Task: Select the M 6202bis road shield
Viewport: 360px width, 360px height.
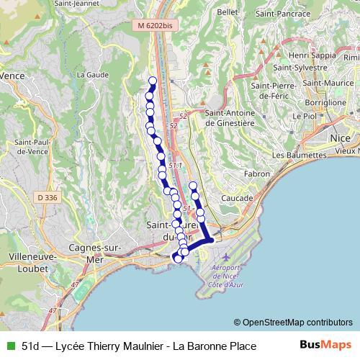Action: click(x=156, y=25)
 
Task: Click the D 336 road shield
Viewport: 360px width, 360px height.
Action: click(x=47, y=197)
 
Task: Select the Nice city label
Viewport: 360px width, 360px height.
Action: click(x=339, y=137)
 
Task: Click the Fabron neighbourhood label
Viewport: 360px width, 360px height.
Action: click(x=256, y=174)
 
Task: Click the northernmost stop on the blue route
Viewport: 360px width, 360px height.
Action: click(x=152, y=81)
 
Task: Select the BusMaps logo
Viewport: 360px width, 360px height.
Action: click(x=325, y=346)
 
